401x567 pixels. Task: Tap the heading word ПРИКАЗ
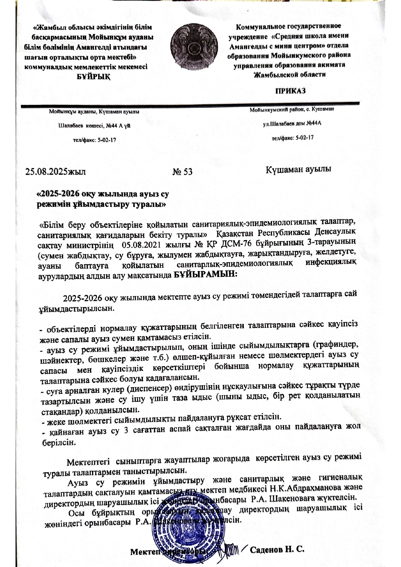pyautogui.click(x=290, y=91)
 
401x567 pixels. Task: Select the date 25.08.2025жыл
pyautogui.click(x=56, y=171)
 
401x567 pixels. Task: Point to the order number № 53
pyautogui.click(x=183, y=172)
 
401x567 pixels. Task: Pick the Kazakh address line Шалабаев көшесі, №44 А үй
pyautogui.click(x=94, y=125)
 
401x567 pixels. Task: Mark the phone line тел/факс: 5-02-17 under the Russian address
pyautogui.click(x=293, y=138)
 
